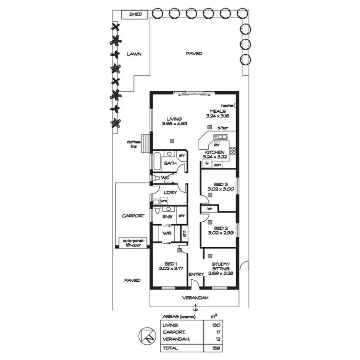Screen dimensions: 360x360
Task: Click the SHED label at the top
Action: point(135,15)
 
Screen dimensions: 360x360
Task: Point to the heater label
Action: point(227,105)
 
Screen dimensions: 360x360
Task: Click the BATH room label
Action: point(170,163)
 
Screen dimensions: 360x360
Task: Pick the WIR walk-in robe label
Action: point(167,233)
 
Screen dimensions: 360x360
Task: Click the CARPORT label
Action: point(132,216)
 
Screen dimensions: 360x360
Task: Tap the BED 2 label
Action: point(221,228)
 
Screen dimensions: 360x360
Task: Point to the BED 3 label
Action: point(221,185)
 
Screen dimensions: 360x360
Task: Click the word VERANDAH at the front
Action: point(195,298)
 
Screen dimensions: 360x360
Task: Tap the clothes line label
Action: point(133,144)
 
